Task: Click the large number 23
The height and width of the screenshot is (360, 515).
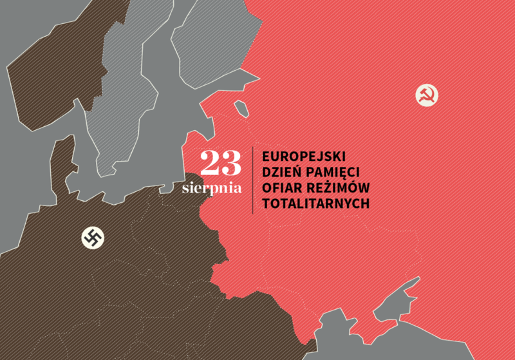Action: [x=221, y=164]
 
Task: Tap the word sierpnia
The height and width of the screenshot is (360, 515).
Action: [x=212, y=189]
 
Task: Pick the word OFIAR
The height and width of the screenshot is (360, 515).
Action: [x=279, y=188]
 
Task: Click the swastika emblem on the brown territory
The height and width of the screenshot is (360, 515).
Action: [x=93, y=238]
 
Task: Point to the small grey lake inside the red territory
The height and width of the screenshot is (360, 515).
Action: [x=241, y=108]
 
